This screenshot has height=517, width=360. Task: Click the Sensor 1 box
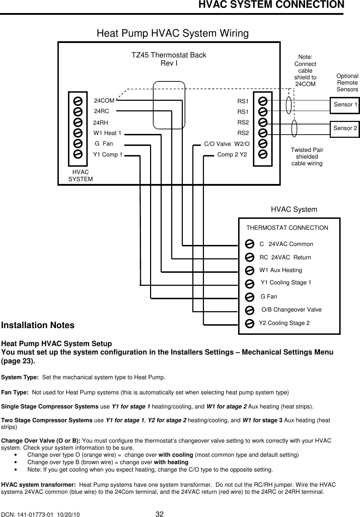point(345,105)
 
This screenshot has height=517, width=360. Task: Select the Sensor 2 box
point(345,128)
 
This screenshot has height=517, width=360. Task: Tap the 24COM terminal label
point(104,101)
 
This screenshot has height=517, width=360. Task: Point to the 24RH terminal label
point(101,123)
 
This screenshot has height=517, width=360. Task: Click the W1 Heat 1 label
point(107,133)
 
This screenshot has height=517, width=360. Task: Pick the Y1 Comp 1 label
point(108,155)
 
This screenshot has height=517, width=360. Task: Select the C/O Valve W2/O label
point(227,144)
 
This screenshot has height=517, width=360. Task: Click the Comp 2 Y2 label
point(232,155)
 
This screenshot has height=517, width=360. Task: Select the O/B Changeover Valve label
point(291,310)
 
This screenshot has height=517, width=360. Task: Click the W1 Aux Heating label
point(281,270)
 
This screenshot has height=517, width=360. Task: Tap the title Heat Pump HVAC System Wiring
point(173,33)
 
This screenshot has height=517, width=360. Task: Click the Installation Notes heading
point(38,325)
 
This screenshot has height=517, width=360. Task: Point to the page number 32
point(160,513)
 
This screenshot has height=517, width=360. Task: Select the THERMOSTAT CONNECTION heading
point(287,228)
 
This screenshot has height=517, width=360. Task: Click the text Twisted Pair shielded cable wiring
point(307,157)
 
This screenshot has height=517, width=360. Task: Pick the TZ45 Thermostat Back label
point(169,55)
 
